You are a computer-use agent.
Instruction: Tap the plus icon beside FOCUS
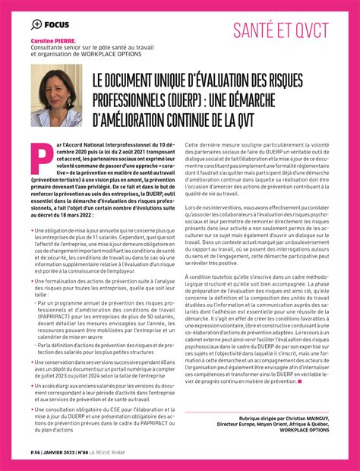tap(37, 24)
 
